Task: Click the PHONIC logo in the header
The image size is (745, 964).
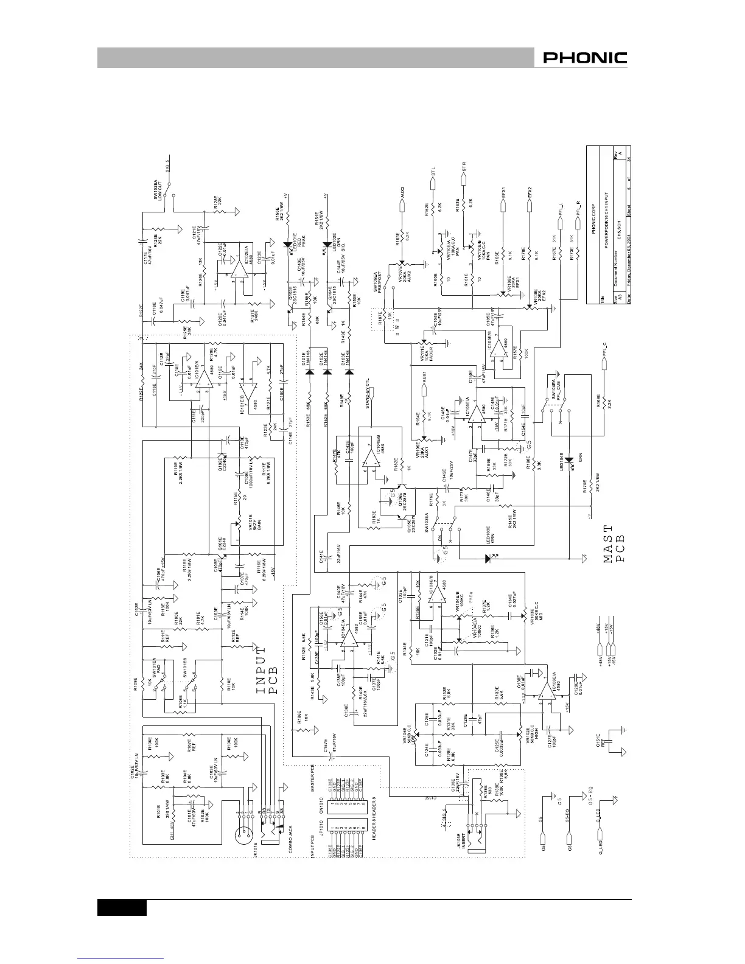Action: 584,58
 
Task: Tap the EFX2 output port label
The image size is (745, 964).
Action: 531,191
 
